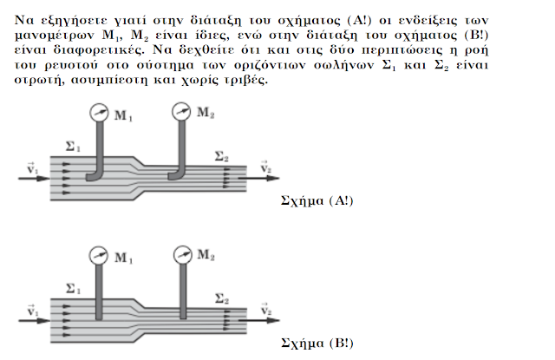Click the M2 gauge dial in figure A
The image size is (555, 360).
pyautogui.click(x=182, y=111)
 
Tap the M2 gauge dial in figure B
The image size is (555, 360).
pyautogui.click(x=181, y=255)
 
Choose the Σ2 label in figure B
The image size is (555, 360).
pyautogui.click(x=222, y=298)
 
